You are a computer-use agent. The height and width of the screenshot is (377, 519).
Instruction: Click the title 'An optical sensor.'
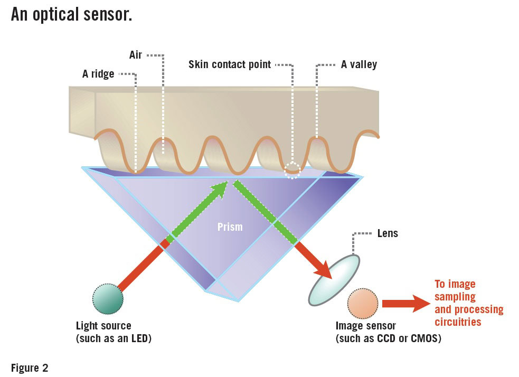pos(71,14)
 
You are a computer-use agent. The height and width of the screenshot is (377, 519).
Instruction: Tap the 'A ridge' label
pos(98,74)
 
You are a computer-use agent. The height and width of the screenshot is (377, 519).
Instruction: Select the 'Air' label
pos(136,55)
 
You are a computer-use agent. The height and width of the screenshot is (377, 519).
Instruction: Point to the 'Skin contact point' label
pos(230,65)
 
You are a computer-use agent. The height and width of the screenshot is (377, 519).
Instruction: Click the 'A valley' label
pos(359,65)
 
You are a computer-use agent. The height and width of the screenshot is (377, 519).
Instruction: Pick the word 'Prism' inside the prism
pos(230,227)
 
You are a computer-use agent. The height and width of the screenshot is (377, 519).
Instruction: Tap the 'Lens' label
pos(388,233)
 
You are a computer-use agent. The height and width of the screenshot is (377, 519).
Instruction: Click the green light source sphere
pos(108,299)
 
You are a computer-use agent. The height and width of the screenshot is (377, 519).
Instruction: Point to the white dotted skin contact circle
pos(292,170)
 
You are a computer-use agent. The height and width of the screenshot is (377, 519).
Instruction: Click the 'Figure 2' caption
pos(30,368)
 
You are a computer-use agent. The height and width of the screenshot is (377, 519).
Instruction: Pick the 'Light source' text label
pos(103,326)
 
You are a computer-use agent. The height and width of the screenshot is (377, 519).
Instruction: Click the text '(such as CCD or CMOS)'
pos(388,338)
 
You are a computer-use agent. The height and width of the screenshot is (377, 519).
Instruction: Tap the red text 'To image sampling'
pos(455,290)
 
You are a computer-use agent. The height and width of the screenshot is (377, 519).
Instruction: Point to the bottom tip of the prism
pos(238,300)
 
